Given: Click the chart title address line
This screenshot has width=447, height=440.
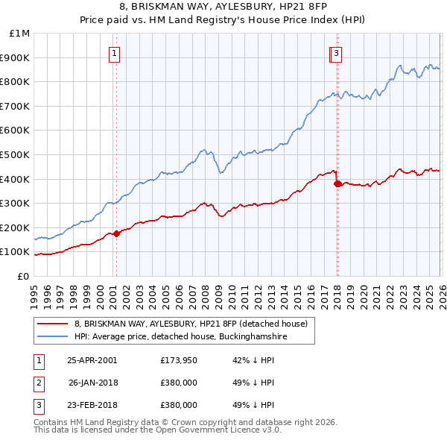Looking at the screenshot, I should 223,7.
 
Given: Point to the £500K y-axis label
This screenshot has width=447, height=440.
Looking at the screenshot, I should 16,155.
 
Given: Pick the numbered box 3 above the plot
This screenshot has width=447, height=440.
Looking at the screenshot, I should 337,53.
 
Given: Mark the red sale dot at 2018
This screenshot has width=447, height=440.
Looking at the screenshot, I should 337,183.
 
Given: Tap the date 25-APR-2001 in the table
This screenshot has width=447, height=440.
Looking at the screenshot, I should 92,359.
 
